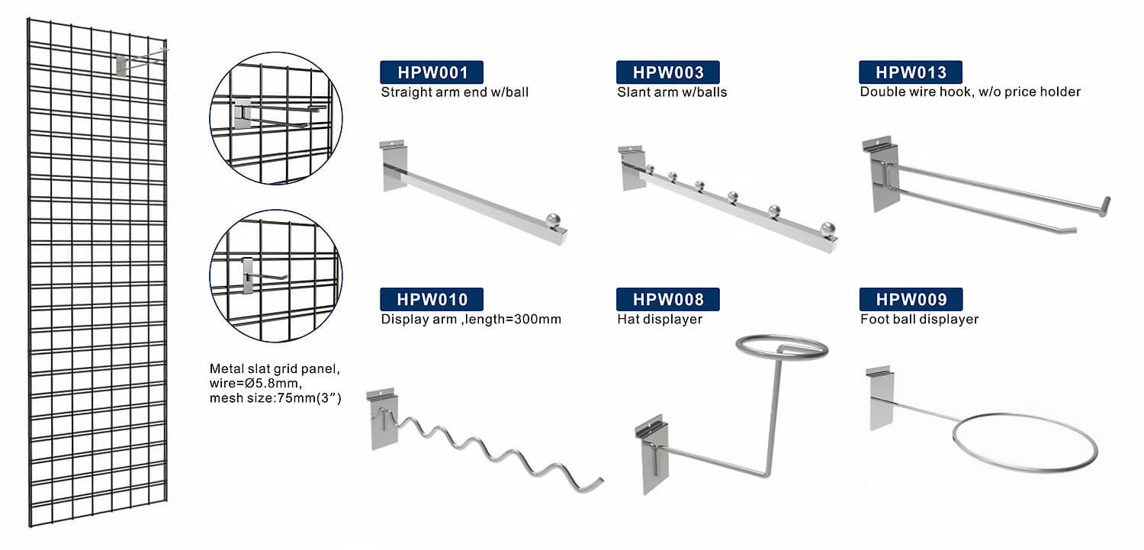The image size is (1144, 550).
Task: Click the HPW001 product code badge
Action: pos(432,72)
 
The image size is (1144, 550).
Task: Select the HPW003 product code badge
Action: pos(667,72)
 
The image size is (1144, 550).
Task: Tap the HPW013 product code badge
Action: pos(910,72)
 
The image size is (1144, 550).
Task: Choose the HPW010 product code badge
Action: pos(432,299)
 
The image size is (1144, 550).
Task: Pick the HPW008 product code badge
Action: pos(667,299)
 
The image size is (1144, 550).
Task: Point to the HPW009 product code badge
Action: pos(910,299)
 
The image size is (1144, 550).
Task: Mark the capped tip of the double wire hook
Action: pos(1104,206)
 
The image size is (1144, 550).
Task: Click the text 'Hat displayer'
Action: pos(659,319)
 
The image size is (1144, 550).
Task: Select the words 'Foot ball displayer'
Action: pos(919,319)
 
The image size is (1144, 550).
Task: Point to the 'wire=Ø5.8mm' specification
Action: pos(250,383)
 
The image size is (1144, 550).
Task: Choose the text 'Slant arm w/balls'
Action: pos(672,92)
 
